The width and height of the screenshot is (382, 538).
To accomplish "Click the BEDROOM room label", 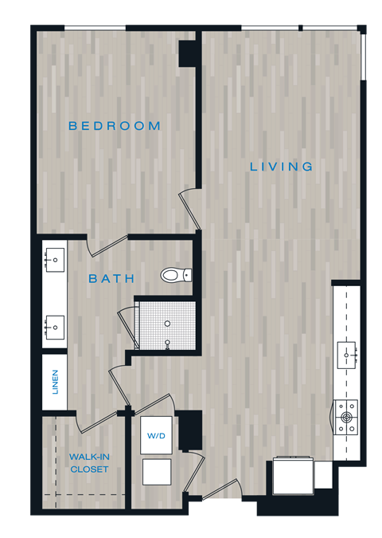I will coord(115,126).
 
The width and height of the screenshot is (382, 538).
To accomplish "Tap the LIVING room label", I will coord(281,167).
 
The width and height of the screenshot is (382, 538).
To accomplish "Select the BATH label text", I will coord(111,279).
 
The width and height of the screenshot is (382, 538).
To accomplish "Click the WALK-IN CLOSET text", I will coord(88,463).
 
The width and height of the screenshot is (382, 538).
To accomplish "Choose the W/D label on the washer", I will coord(155,437).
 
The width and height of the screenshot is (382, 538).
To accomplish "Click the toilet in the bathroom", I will coord(175,276).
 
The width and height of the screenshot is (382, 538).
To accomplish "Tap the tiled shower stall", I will coord(166,324).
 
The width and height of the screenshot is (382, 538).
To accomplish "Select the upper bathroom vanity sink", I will coord(54,259).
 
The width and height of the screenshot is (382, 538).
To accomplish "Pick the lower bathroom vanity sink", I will coord(54,326).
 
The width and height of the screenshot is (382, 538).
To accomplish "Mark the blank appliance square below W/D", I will coord(155,472).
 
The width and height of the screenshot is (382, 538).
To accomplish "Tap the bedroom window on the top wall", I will coord(95,29).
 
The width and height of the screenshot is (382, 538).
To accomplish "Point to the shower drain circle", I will coord(167,324).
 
